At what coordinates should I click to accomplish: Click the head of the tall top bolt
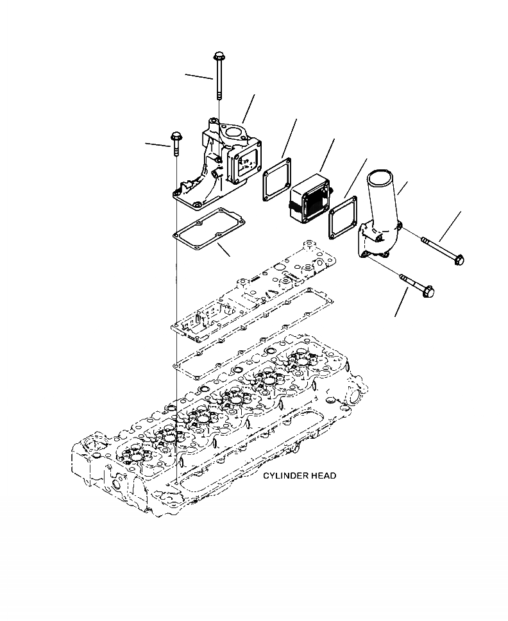219,56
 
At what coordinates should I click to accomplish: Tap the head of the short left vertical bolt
174,137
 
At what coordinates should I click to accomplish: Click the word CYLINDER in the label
285,476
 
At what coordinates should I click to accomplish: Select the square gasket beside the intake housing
276,180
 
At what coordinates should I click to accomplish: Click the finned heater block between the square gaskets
309,195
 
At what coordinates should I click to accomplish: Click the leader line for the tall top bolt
199,77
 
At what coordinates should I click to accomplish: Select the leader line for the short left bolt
157,145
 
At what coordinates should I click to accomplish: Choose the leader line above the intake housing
249,108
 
